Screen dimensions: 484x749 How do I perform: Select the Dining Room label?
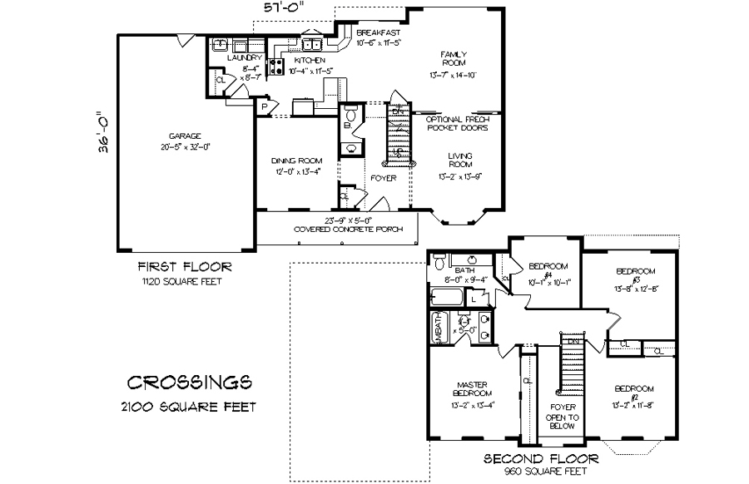295,161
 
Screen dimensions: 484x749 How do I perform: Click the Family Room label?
454,58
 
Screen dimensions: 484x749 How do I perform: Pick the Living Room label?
460,160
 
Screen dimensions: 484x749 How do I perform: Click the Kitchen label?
310,61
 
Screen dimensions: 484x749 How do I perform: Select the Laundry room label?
245,58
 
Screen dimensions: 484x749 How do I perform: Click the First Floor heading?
185,267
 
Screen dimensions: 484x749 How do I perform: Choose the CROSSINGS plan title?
190,382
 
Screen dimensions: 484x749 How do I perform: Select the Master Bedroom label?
473,389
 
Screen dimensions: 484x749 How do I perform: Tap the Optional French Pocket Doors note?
457,124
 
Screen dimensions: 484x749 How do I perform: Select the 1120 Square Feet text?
185,282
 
